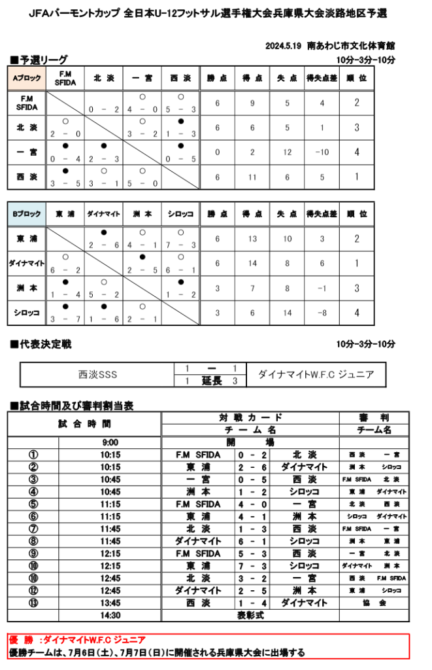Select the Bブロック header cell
pos(27,214)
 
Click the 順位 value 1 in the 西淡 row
pos(356,176)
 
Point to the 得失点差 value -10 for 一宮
pos(322,152)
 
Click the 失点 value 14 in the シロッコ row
pos(287,313)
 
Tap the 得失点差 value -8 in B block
pos(322,313)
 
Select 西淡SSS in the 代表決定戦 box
pos(97,375)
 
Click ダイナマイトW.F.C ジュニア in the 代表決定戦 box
pos(316,375)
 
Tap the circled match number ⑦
pos(33,528)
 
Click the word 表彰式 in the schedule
pos(250,615)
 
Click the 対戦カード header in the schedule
pos(250,417)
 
